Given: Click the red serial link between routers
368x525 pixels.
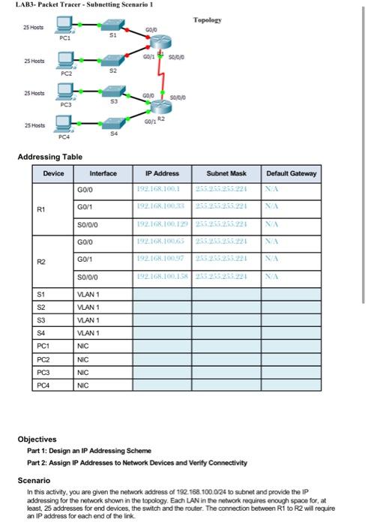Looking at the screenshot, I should coord(160,73).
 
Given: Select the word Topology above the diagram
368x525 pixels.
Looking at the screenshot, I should coord(208,19).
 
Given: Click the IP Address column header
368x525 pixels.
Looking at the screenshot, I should coord(162,173).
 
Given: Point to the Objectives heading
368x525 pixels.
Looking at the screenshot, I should coord(37,439).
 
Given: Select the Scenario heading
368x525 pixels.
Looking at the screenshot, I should coord(34,479).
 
